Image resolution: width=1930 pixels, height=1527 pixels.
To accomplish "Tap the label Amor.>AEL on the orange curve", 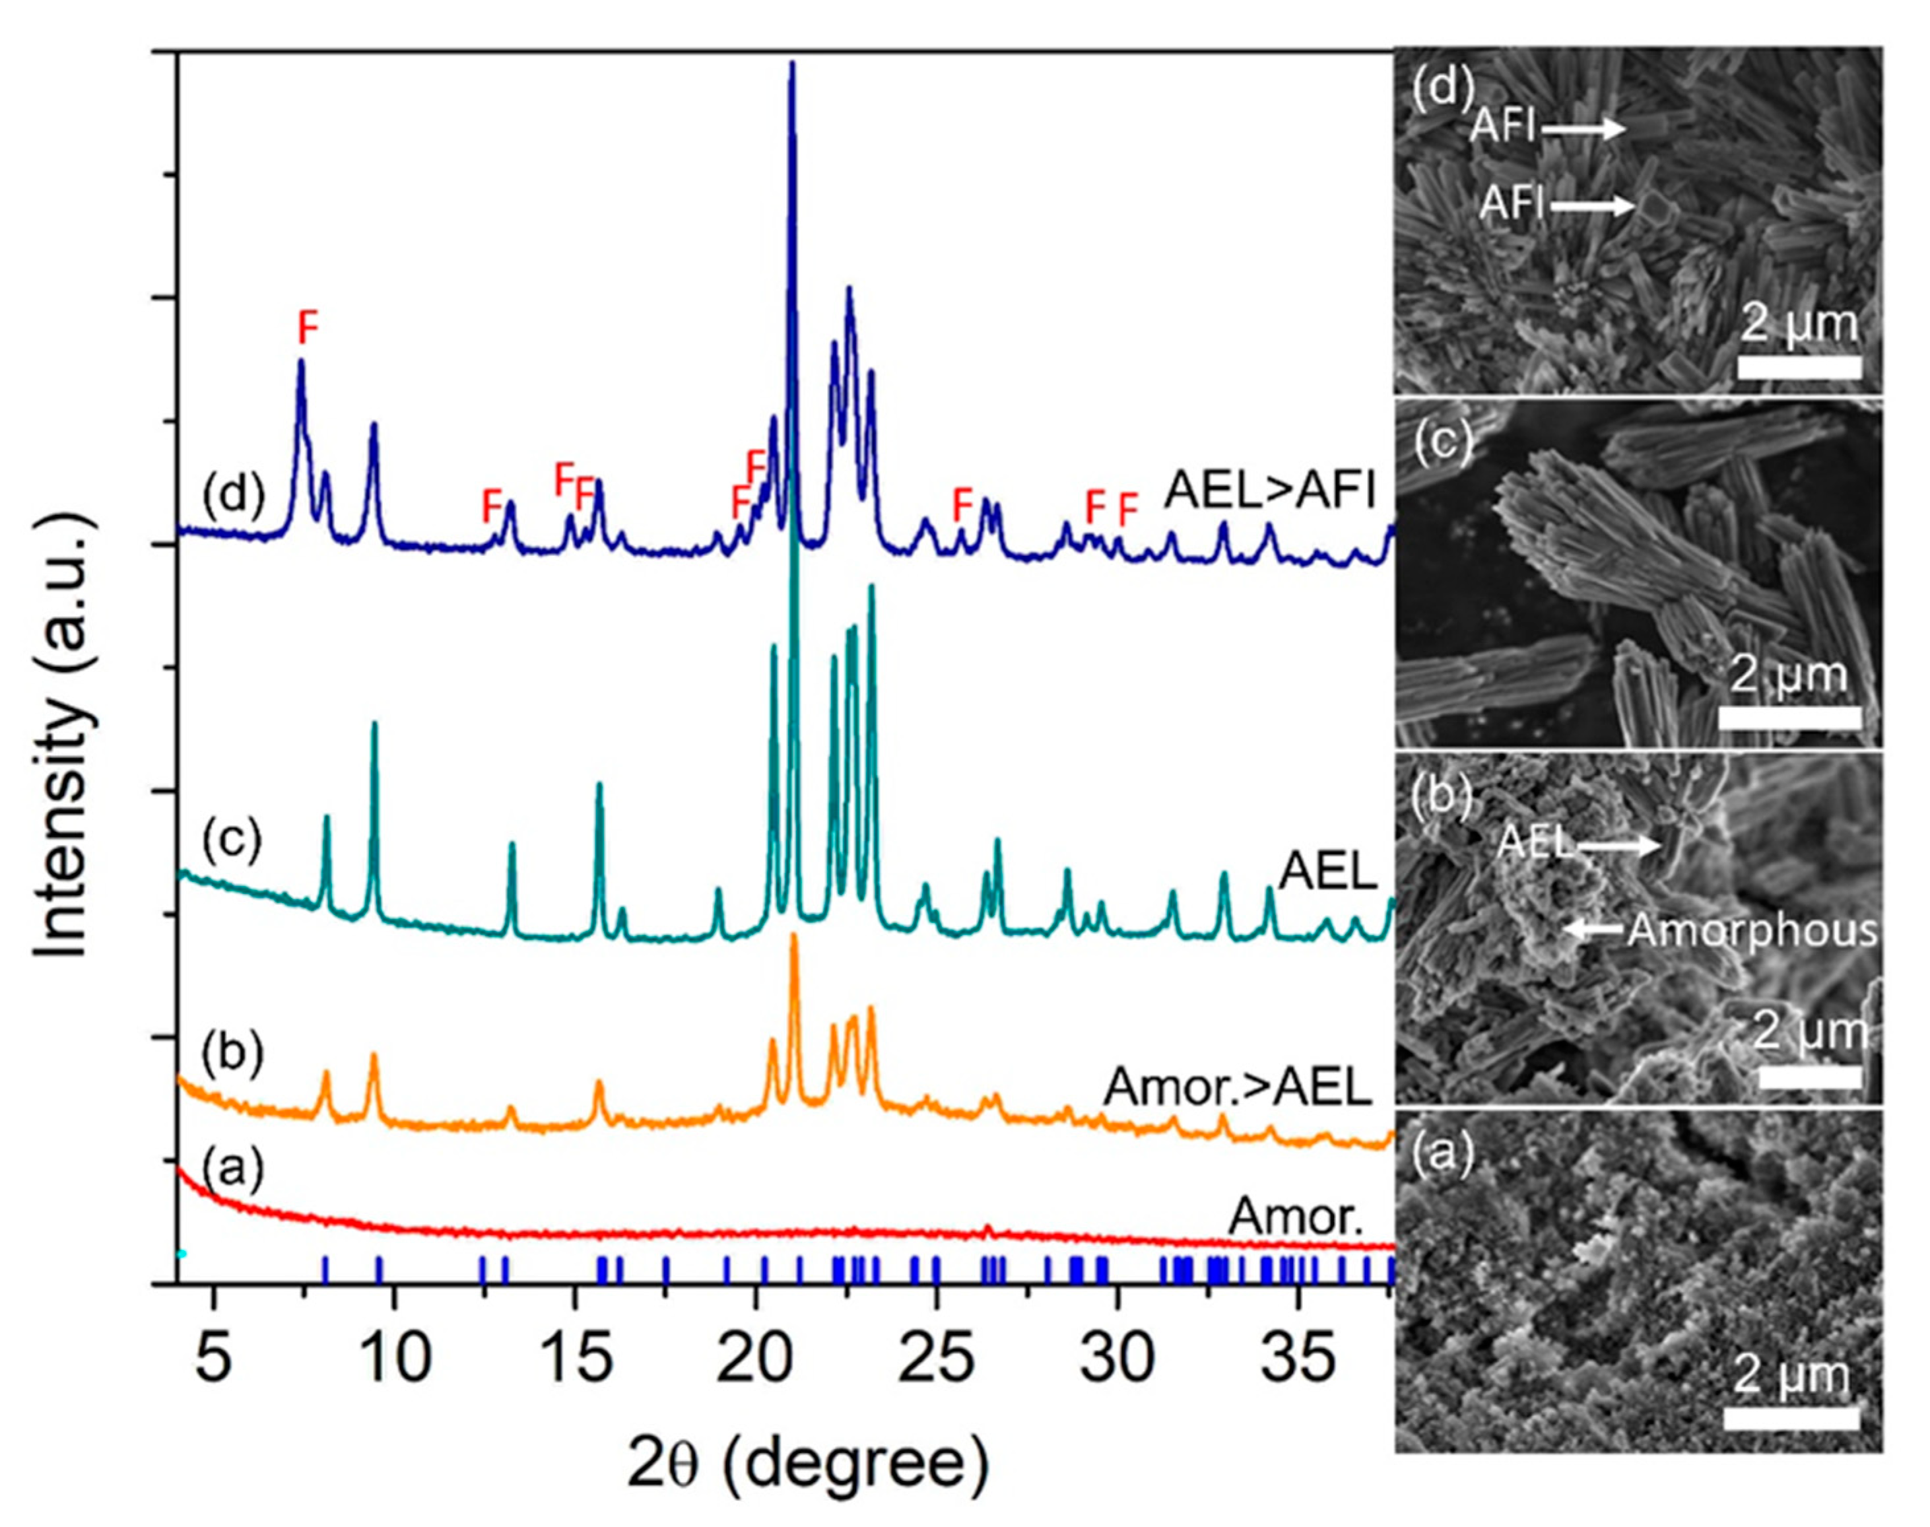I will [x=1238, y=1087].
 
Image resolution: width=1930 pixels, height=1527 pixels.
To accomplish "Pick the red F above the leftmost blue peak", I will [x=308, y=329].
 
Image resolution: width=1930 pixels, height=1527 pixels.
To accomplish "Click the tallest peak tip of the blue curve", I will [x=792, y=65].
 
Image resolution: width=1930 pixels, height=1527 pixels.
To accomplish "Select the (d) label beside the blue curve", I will [x=233, y=492].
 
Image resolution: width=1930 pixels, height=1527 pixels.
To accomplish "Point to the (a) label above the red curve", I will [x=232, y=1169].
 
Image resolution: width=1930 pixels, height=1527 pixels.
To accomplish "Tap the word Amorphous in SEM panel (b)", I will [x=1751, y=931].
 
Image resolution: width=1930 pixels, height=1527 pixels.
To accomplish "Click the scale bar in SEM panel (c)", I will [x=1789, y=717].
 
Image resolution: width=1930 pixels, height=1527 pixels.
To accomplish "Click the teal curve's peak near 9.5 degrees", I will [x=374, y=725].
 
